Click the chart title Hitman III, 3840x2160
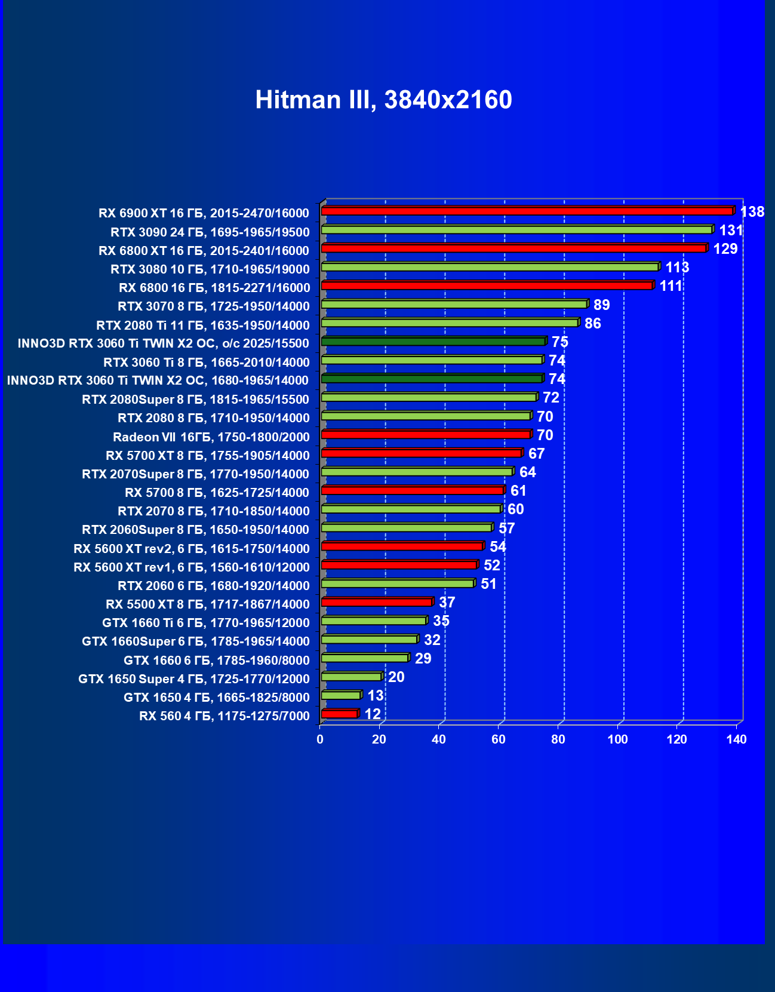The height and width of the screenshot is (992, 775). [x=383, y=100]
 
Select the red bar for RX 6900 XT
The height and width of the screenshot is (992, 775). [x=527, y=211]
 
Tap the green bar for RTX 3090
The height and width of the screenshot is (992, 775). [x=516, y=230]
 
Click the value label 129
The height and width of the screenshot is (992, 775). [x=725, y=249]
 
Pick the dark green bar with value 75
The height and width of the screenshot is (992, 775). [x=433, y=342]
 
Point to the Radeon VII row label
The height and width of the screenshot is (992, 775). [x=211, y=437]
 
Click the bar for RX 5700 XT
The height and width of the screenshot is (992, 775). [x=421, y=453]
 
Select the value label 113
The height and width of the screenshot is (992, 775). [x=677, y=268]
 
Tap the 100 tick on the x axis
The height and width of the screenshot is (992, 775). [x=617, y=739]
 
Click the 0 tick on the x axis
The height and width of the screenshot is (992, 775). [x=320, y=739]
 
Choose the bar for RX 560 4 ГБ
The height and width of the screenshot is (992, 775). [x=339, y=714]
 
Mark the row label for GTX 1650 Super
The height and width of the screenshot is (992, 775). [x=193, y=678]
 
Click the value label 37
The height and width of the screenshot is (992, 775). [x=447, y=603]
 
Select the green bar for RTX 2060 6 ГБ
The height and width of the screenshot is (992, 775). [x=397, y=583]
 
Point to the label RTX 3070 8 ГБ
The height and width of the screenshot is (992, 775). [x=213, y=306]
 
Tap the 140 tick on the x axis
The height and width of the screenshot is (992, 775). [x=736, y=739]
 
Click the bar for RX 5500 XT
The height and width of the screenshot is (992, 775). [x=376, y=602]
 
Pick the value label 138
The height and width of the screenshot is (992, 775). [x=752, y=212]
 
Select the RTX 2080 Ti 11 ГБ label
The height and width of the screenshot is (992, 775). [x=202, y=325]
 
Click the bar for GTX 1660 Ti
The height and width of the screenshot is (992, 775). [x=373, y=621]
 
